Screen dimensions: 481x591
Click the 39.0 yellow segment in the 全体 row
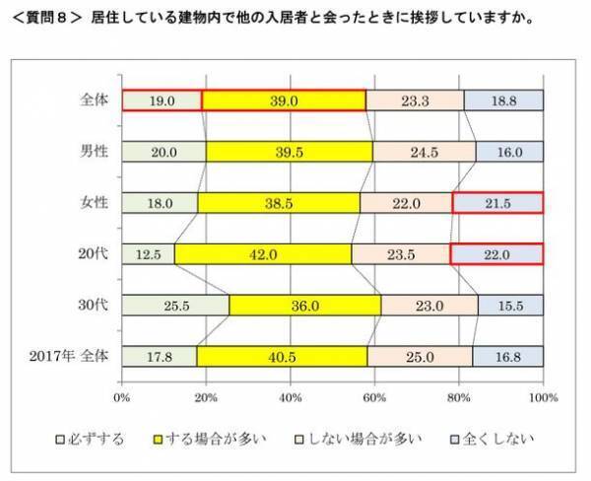pyautogui.click(x=284, y=101)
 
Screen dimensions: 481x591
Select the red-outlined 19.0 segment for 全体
pyautogui.click(x=162, y=101)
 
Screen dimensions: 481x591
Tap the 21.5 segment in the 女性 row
pyautogui.click(x=497, y=202)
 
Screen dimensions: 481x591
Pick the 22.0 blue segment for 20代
pyautogui.click(x=496, y=253)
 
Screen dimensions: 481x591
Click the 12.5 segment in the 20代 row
pyautogui.click(x=149, y=253)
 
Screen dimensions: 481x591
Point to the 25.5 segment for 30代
pyautogui.click(x=175, y=306)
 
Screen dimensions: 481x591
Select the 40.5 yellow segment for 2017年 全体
pyautogui.click(x=283, y=356)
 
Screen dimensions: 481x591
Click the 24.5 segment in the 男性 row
pyautogui.click(x=425, y=151)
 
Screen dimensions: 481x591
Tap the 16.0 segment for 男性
pyautogui.click(x=509, y=151)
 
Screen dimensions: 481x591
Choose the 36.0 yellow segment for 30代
pyautogui.click(x=304, y=306)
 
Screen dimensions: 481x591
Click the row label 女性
pyautogui.click(x=96, y=202)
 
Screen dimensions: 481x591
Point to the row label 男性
pyautogui.click(x=96, y=151)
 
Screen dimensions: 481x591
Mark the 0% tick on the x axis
pyautogui.click(x=122, y=397)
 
